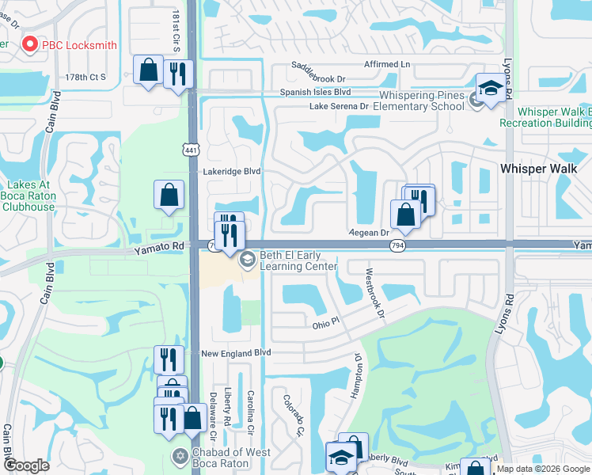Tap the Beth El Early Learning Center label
pyautogui.click(x=305, y=260)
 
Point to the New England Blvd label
pyautogui.click(x=236, y=353)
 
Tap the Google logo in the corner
pyautogui.click(x=26, y=465)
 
